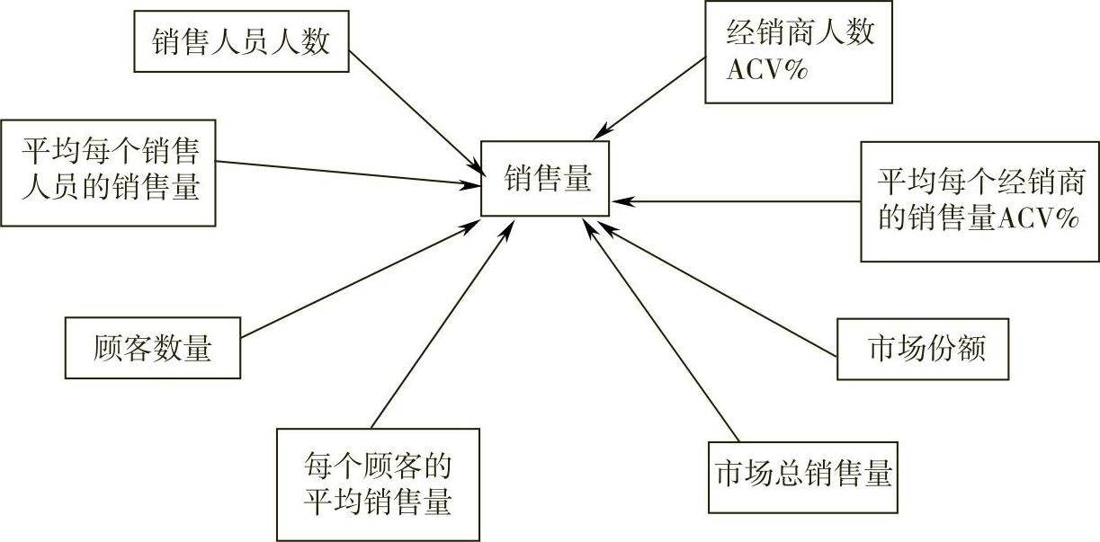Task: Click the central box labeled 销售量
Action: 545,178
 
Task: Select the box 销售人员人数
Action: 241,41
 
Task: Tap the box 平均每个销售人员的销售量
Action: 110,173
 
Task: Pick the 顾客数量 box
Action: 153,348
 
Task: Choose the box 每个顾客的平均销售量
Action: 378,484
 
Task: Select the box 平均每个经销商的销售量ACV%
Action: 979,201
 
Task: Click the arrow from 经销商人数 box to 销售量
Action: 648,99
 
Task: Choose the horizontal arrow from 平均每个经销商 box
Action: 738,200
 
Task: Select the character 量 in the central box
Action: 577,178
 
